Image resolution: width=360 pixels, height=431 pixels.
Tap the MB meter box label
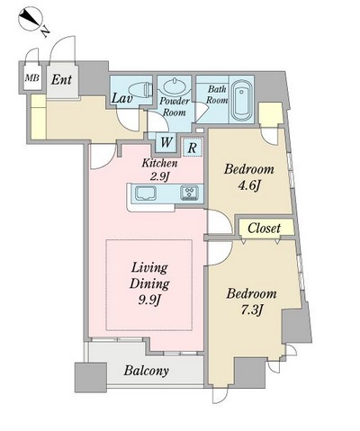pyautogui.click(x=32, y=78)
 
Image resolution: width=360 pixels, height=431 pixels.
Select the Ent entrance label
pyautogui.click(x=61, y=80)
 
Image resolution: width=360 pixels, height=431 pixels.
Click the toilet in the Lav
pyautogui.click(x=140, y=89)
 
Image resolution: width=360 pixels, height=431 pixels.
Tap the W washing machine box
pyautogui.click(x=166, y=142)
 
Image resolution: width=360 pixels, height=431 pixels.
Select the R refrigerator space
pyautogui.click(x=193, y=148)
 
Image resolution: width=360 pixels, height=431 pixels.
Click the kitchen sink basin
pyautogui.click(x=146, y=193)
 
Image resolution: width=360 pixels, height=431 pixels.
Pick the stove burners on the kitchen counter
pyautogui.click(x=189, y=193)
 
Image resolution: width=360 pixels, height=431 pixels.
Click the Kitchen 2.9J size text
pyautogui.click(x=159, y=170)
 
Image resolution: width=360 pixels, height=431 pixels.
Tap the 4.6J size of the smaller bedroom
pyautogui.click(x=248, y=186)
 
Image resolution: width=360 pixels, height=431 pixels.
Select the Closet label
pyautogui.click(x=264, y=229)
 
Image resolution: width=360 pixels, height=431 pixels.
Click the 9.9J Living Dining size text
pyautogui.click(x=149, y=300)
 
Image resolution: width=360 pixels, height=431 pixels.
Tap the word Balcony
pyautogui.click(x=147, y=371)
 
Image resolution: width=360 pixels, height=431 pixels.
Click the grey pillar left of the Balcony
pyautogui.click(x=91, y=377)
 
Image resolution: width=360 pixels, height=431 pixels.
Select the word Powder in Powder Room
pyautogui.click(x=175, y=101)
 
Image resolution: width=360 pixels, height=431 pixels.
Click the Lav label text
pyautogui.click(x=121, y=98)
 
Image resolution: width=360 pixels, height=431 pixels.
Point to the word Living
pyautogui.click(x=149, y=268)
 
